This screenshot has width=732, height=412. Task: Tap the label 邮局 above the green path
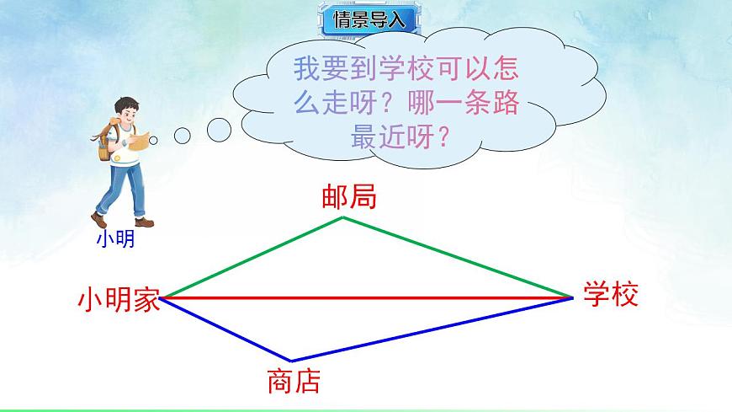click(x=348, y=197)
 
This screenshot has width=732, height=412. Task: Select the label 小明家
click(x=119, y=299)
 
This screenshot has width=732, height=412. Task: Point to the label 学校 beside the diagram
click(x=612, y=294)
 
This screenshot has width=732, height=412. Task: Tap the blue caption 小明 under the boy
click(x=114, y=240)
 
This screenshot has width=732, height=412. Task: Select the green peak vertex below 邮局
click(x=342, y=218)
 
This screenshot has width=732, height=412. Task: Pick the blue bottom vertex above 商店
click(x=290, y=361)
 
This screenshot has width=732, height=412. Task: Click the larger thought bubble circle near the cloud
click(x=219, y=130)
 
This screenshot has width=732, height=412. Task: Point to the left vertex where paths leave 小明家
click(x=162, y=297)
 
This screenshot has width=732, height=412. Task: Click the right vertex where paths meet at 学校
click(x=572, y=297)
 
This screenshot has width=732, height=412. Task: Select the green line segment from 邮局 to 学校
click(x=459, y=258)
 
